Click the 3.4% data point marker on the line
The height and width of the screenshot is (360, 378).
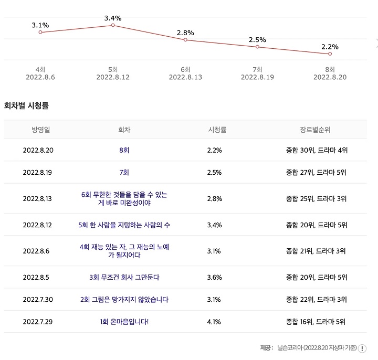pos(113,25)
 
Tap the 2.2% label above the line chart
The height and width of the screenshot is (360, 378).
pos(330,47)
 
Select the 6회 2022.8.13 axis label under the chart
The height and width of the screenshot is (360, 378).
pos(185,73)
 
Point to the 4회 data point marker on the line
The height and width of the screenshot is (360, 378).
pos(40,33)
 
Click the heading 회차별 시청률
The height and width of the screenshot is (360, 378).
pos(27,105)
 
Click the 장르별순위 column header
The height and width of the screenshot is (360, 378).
pos(315,129)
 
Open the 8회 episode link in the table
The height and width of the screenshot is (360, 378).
pos(124,150)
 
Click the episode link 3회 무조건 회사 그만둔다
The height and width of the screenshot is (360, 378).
pos(124,277)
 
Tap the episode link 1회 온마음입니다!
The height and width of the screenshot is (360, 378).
pos(124,321)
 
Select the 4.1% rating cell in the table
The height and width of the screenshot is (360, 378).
pos(215,321)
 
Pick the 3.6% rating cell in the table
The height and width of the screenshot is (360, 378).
pos(215,277)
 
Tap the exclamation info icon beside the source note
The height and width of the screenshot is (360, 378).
pos(362,348)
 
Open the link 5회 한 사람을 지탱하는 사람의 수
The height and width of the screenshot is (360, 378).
pos(124,225)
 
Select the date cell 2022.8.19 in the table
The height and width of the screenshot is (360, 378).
pos(38,172)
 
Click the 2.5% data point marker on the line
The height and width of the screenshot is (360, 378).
pos(257,47)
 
